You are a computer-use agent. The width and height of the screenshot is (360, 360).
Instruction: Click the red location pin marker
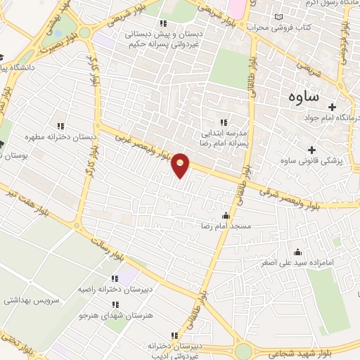click(181, 165)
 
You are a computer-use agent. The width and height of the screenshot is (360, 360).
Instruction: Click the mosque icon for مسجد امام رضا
click(225, 215)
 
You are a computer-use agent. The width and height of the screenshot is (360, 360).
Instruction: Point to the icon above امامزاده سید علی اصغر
click(297, 252)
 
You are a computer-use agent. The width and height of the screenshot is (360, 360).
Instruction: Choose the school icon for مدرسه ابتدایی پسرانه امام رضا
click(224, 121)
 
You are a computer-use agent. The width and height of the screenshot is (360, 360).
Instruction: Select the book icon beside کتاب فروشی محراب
click(281, 15)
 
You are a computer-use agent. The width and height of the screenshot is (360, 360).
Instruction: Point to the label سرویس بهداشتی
click(31, 300)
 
